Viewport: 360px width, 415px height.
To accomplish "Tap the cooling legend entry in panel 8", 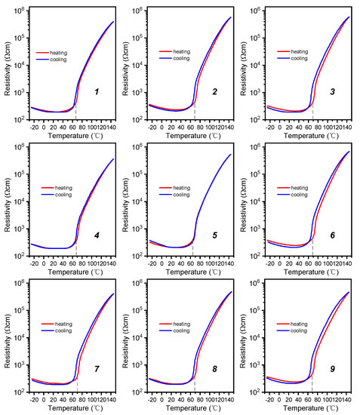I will pos(180,330).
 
